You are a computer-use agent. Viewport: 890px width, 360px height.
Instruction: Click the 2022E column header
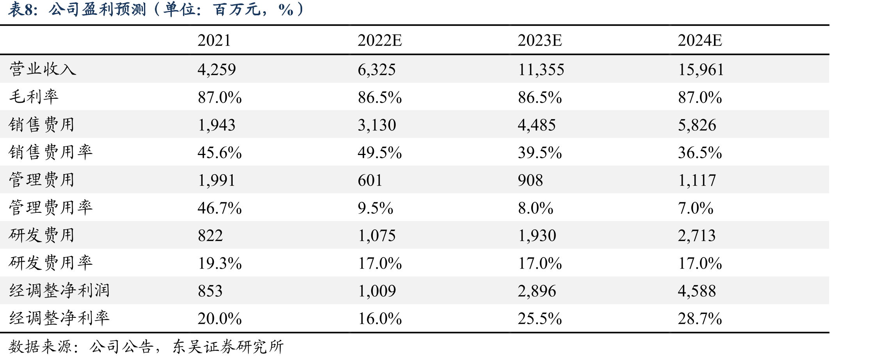coord(379,40)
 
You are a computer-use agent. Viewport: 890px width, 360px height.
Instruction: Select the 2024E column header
coord(700,40)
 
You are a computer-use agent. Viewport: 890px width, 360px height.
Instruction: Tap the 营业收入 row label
coord(43,69)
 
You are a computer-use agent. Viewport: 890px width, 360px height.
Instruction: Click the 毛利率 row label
coord(34,97)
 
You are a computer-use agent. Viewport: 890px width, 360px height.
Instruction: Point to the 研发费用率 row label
coord(51,263)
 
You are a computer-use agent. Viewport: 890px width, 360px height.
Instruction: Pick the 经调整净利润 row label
coord(59,290)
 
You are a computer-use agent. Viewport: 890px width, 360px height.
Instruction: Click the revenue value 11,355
coord(541,70)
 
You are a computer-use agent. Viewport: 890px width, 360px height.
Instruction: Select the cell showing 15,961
coord(701,70)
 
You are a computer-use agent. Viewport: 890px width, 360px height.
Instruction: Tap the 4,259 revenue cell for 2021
coord(217,70)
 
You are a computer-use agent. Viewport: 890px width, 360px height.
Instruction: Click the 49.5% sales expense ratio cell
coord(379,152)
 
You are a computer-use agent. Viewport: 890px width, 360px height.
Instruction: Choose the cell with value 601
coord(370,180)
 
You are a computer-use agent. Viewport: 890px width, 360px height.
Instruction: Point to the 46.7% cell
coord(219,208)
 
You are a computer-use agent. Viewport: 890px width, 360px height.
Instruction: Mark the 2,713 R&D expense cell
coord(697,235)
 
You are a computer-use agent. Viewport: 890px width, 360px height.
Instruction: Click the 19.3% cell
coord(219,263)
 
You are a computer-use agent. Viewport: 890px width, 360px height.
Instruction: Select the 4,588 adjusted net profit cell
coord(697,291)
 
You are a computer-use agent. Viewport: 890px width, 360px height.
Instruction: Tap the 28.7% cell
coord(700,319)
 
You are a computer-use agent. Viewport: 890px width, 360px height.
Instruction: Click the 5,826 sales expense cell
coord(697,125)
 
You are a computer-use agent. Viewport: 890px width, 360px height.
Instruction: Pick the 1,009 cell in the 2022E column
coord(377,291)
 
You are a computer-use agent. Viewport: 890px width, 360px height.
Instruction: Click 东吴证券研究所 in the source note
coord(228,346)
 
